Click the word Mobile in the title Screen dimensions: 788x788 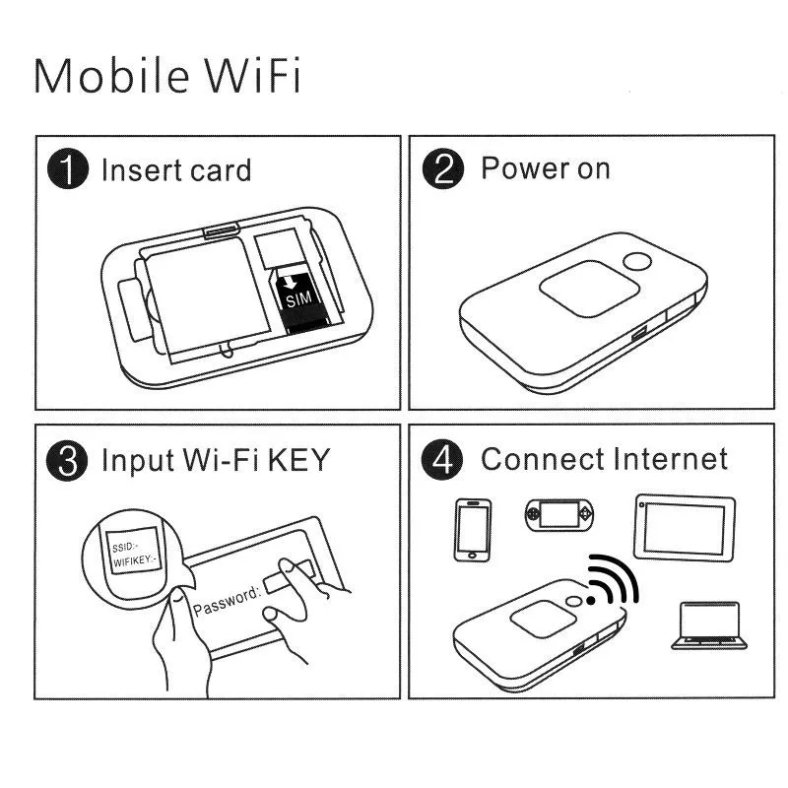[111, 76]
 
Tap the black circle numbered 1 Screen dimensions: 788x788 [68, 168]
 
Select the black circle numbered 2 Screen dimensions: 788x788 [442, 168]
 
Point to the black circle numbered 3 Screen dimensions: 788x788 [67, 460]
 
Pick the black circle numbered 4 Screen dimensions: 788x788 [441, 459]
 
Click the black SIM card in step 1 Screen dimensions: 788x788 [299, 302]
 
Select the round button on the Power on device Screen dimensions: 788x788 [636, 261]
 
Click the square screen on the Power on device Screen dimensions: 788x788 [589, 288]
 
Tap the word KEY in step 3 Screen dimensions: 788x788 [298, 459]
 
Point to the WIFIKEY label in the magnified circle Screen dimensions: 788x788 [134, 559]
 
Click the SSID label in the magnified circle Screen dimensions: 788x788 [125, 547]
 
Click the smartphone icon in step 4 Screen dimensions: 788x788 [473, 530]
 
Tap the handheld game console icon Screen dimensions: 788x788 [558, 514]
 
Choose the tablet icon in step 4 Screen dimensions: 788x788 [684, 528]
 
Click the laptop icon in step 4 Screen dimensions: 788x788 [708, 625]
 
